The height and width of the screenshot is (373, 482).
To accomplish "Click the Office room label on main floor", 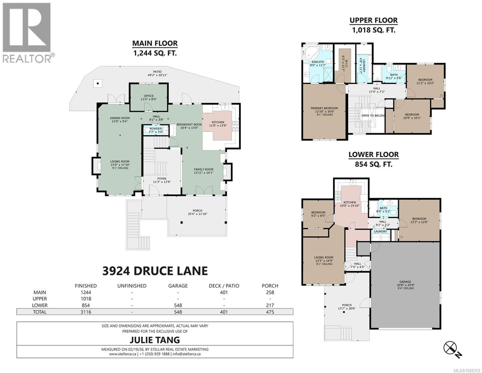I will [148, 96].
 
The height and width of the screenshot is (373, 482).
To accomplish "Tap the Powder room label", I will [156, 129].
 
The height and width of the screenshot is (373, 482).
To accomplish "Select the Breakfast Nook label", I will [189, 124].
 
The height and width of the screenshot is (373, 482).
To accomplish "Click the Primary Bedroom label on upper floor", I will [324, 108].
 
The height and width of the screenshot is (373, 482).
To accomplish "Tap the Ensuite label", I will [318, 62].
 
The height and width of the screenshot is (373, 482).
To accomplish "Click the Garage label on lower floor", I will [405, 282].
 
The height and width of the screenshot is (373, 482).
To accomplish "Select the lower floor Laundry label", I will [380, 232].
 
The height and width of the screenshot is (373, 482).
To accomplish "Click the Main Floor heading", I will [155, 43].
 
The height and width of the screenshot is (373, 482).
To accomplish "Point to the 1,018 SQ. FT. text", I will [373, 30].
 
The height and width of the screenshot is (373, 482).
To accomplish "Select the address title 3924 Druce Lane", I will [155, 271].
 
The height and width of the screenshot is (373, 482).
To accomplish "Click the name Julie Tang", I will [155, 339].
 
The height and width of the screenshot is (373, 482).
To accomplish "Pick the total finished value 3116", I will [86, 312].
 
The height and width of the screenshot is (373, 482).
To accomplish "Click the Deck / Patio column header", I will [224, 286].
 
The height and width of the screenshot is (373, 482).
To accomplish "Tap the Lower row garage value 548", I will [178, 305].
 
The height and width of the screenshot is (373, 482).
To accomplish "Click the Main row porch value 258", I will [270, 292].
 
